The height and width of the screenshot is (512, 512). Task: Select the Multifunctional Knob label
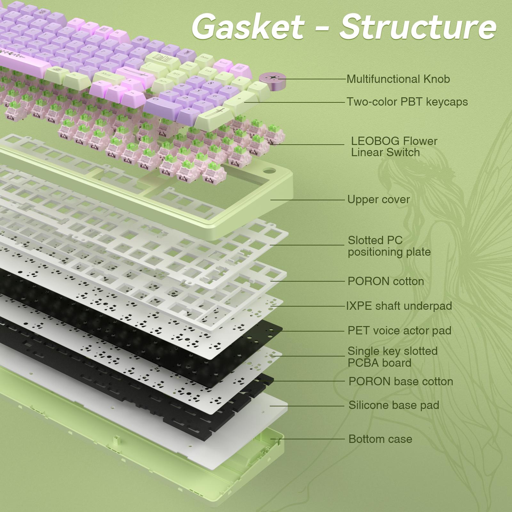point(398,79)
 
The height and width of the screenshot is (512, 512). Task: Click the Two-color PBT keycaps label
point(407,102)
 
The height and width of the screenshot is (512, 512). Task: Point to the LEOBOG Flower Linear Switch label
point(394,147)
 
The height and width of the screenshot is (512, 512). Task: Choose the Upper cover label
point(378,199)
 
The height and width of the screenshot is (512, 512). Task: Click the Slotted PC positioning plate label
point(389,246)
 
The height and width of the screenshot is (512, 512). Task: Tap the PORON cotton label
point(386,281)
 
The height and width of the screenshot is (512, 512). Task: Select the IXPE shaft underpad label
point(399,306)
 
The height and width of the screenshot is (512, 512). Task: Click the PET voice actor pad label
point(399,331)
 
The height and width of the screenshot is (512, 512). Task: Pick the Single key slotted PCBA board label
point(392,357)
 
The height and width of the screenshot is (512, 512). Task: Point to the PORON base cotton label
point(401,381)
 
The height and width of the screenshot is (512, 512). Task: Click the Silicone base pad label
point(394,405)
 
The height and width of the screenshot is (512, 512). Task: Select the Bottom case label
point(380,439)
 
